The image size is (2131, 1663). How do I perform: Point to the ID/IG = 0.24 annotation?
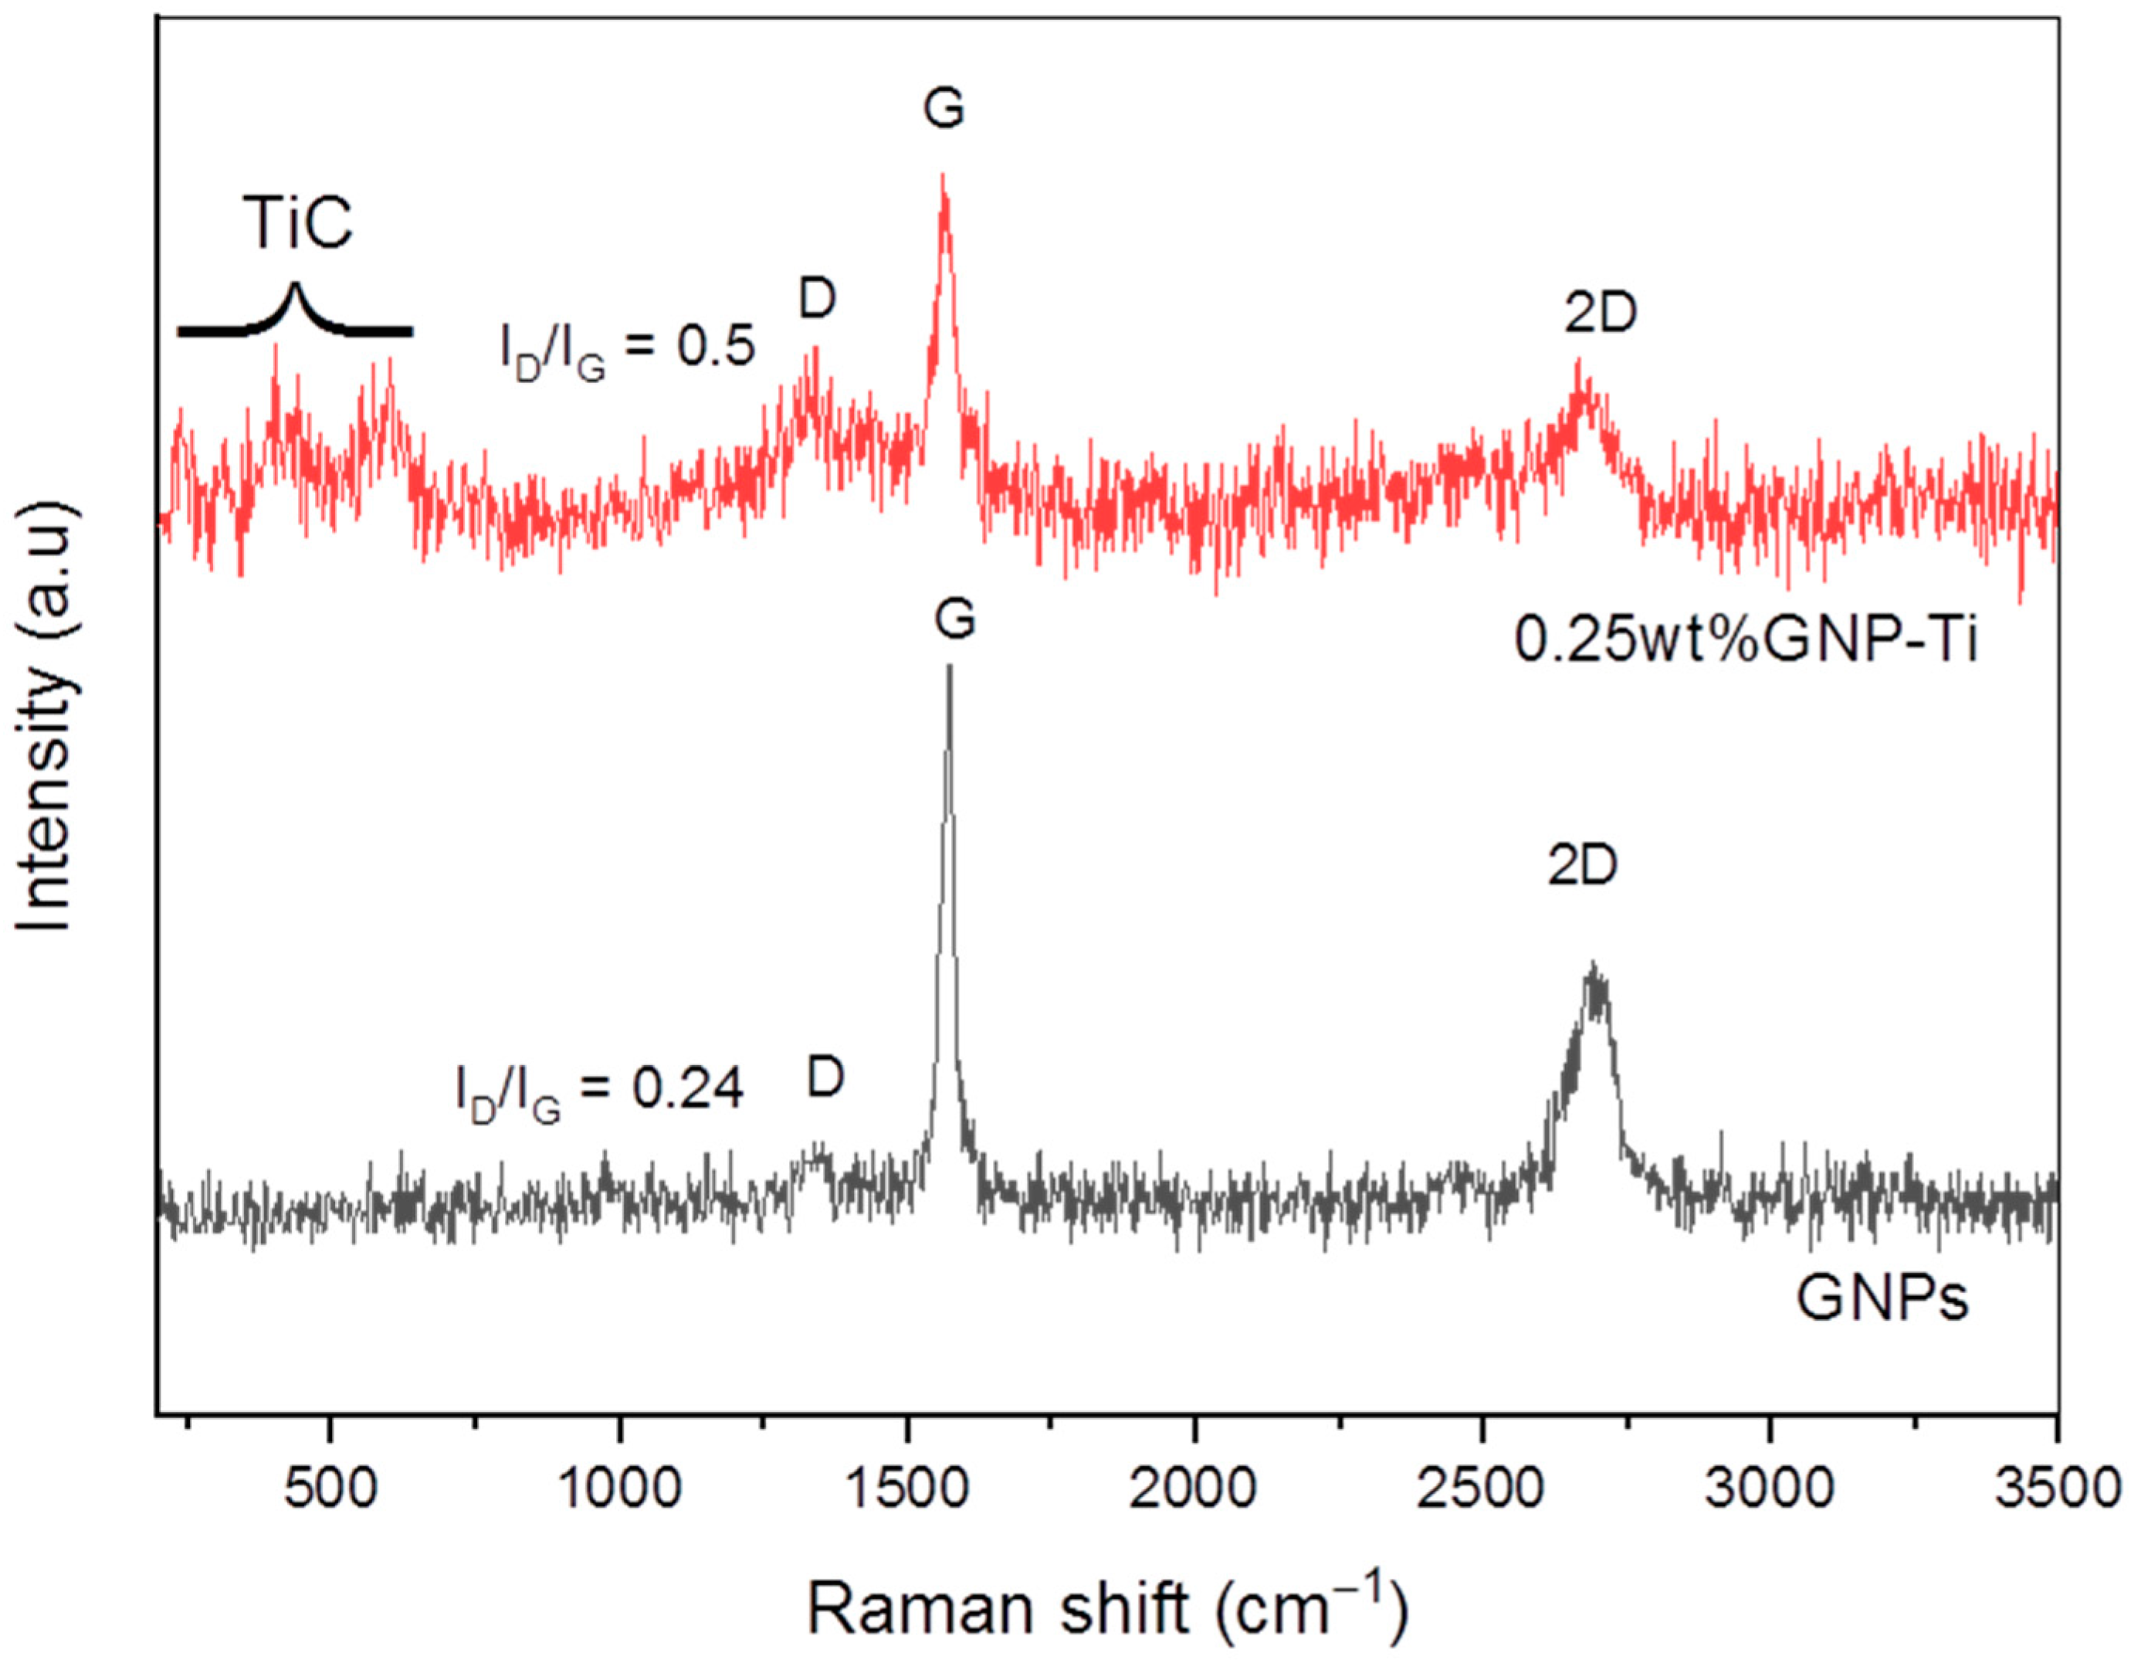click(x=599, y=1091)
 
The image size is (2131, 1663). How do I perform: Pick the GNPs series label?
click(x=1882, y=1300)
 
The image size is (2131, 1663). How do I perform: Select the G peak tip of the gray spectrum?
click(x=950, y=668)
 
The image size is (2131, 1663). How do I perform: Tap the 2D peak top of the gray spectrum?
click(x=1594, y=966)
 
